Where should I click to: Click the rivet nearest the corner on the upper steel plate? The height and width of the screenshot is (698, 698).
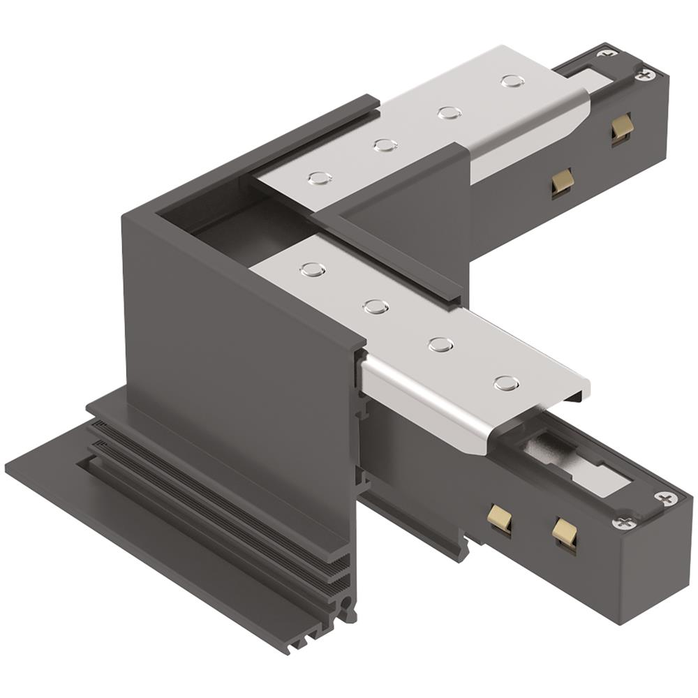click(x=320, y=178)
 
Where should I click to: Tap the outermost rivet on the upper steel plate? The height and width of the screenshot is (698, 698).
click(x=512, y=81)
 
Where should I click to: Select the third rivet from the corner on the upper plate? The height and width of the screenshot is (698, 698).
click(x=449, y=112)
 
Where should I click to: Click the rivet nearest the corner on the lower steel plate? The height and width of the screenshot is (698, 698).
click(x=313, y=269)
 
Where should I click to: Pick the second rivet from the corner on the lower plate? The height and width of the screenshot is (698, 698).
click(x=376, y=306)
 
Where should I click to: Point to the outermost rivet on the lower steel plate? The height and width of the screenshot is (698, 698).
click(x=506, y=383)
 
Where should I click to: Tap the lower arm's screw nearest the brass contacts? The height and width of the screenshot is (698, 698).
click(x=624, y=523)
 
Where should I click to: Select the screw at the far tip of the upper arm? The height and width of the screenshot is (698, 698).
click(x=646, y=73)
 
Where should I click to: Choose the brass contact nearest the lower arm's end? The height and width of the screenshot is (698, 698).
click(x=565, y=533)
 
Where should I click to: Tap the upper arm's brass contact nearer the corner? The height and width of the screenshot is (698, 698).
click(x=562, y=181)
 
